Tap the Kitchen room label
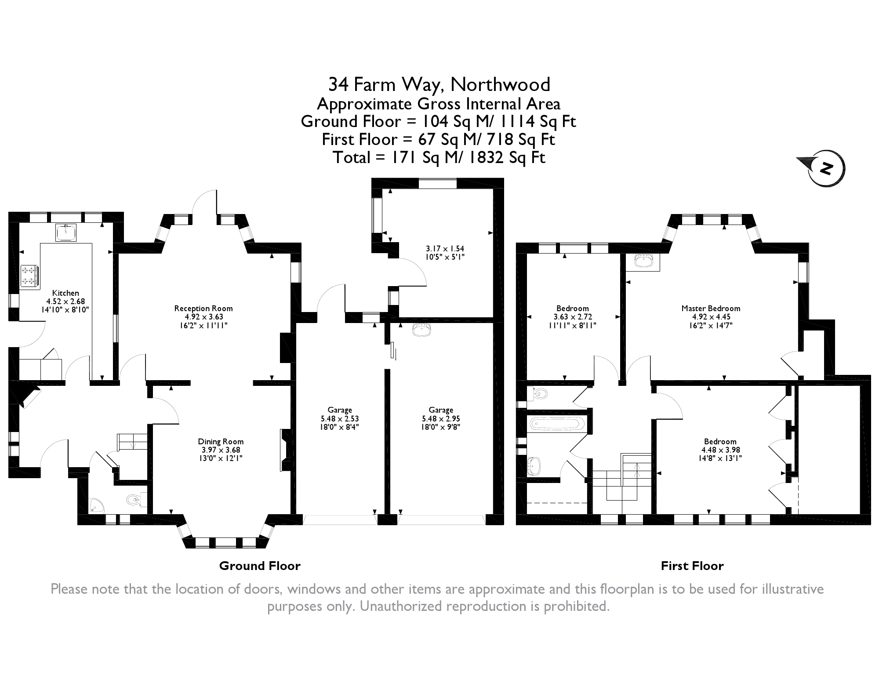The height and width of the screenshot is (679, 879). (x=65, y=293)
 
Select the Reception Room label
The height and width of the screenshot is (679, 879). (x=203, y=309)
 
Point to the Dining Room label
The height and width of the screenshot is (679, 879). (x=221, y=442)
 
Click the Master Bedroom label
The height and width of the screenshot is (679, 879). (x=711, y=309)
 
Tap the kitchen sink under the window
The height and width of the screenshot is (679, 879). (x=66, y=232)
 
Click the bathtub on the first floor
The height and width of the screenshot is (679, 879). (x=556, y=424)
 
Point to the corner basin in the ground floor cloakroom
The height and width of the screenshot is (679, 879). (x=95, y=505)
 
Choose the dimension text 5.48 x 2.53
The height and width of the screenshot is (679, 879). (x=340, y=419)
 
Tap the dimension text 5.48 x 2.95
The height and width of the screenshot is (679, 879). (x=441, y=419)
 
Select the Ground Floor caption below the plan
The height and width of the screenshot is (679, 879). (x=260, y=566)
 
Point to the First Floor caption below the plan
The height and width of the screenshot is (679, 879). (x=692, y=566)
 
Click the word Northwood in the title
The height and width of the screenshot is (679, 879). (x=501, y=84)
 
